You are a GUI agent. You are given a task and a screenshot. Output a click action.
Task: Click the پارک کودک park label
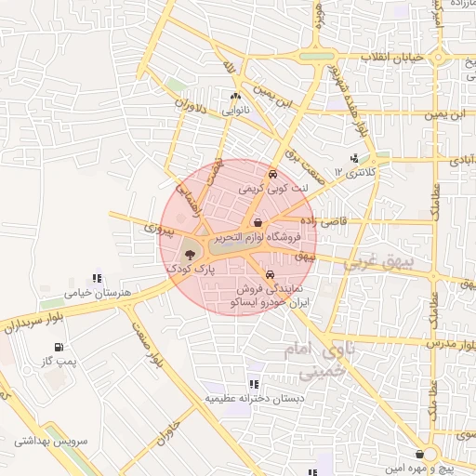point(190,268)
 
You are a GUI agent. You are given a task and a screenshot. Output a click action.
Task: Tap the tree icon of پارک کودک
point(189,252)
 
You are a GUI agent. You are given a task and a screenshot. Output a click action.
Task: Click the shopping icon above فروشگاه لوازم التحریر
point(258,222)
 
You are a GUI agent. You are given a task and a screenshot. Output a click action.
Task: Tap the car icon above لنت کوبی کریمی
point(271,174)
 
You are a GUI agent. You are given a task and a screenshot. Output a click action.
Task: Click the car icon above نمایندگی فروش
point(270,275)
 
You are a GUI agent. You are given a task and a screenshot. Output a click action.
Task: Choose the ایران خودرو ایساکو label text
point(269,303)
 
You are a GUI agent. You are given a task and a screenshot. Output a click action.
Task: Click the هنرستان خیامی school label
point(96,293)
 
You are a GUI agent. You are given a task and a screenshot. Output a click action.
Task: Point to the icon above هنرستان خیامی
point(96,277)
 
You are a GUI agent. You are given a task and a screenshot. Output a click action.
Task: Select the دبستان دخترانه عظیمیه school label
point(255,398)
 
